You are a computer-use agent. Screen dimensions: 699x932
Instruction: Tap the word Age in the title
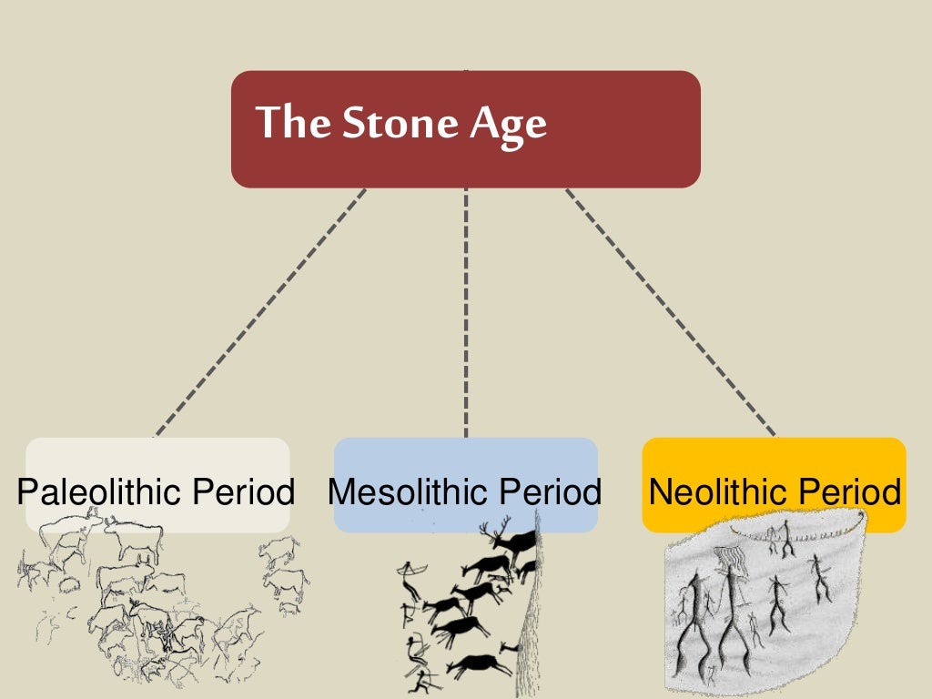[x=509, y=124]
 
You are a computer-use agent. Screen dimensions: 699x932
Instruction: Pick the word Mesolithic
[x=406, y=492]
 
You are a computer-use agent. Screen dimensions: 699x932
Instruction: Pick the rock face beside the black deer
[x=527, y=619]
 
